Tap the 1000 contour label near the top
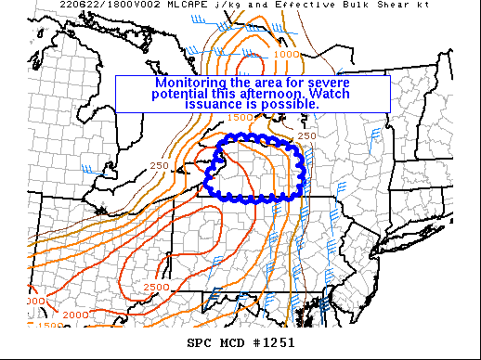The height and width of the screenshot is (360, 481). click(x=287, y=54)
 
